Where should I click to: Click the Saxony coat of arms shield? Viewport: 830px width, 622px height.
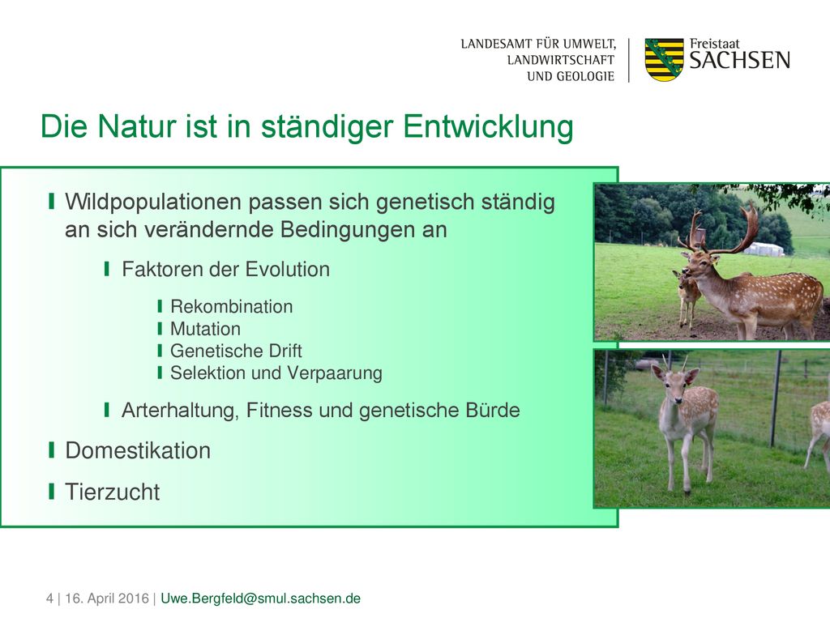tap(665, 59)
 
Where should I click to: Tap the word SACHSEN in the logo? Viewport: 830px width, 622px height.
tap(739, 60)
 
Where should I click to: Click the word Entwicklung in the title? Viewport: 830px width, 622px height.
tap(488, 127)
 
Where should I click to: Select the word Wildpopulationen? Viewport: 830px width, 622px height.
tap(153, 202)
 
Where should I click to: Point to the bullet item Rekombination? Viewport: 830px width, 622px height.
tap(231, 307)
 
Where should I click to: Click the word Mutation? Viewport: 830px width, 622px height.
tap(205, 329)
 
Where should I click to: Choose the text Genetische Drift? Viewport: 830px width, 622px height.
tap(236, 351)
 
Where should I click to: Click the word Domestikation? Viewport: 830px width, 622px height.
tap(138, 450)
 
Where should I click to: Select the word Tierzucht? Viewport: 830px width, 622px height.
tap(112, 492)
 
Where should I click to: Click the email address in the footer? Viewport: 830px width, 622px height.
tap(260, 599)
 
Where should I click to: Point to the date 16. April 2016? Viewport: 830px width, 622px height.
tap(107, 599)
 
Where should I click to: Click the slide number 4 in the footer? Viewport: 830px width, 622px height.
tap(49, 599)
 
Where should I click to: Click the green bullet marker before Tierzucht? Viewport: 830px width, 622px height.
tap(51, 492)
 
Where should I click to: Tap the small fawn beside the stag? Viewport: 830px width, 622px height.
tap(688, 297)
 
